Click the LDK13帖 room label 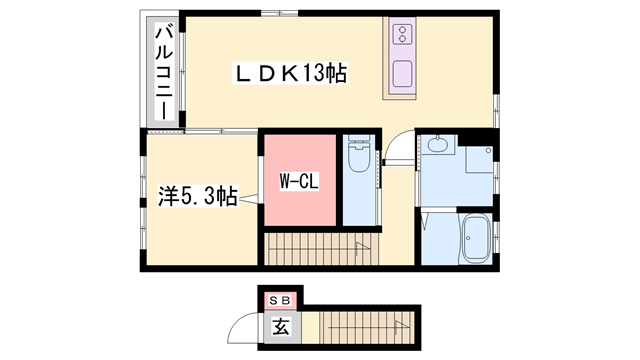290,73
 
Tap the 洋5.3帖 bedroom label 198,196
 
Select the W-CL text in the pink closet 299,181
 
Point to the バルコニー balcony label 164,72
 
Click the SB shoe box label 280,301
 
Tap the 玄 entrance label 281,327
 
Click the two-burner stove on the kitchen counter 402,34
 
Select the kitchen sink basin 402,74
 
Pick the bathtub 476,238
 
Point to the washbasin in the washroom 438,144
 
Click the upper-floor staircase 322,249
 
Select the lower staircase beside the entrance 367,327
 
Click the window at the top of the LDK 280,13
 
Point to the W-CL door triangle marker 249,199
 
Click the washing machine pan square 479,159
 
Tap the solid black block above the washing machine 478,137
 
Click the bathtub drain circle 469,238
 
